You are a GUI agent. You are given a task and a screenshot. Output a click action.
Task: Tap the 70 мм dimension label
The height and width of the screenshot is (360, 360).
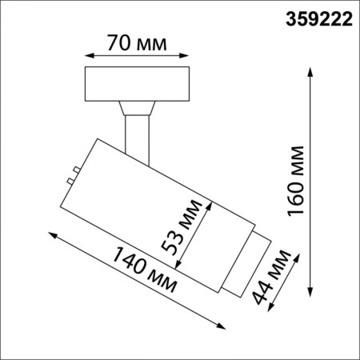[137, 42]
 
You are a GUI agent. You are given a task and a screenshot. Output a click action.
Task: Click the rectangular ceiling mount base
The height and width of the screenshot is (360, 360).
[137, 85]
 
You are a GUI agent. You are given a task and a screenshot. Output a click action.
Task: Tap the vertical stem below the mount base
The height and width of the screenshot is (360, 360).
[137, 132]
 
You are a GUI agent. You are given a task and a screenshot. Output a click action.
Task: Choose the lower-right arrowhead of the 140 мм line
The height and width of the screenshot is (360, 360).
[222, 322]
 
